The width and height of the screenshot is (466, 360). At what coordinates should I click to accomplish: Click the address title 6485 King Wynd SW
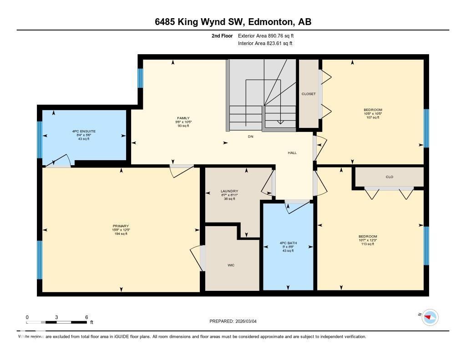[x=233, y=22]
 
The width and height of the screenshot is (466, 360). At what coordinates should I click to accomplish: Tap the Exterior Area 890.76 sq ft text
[x=269, y=35]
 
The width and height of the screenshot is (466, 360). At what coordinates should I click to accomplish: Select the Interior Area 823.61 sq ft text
[x=265, y=44]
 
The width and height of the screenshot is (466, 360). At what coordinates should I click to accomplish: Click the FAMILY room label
[x=183, y=118]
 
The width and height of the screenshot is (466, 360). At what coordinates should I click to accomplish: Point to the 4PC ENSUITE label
[x=84, y=131]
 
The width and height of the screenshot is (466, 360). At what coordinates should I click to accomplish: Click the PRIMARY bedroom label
[x=121, y=226]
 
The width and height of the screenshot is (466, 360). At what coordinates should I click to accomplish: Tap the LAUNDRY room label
[x=229, y=191]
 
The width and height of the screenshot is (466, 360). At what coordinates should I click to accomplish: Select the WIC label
[x=231, y=265]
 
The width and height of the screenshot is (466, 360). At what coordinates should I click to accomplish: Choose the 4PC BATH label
[x=288, y=243]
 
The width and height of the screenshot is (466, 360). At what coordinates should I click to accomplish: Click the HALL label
[x=292, y=152]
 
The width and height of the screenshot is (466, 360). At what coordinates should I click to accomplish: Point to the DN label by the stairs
[x=250, y=136]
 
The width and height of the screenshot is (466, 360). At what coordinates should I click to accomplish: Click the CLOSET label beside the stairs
[x=309, y=94]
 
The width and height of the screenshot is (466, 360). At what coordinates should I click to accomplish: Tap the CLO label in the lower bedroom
[x=389, y=177]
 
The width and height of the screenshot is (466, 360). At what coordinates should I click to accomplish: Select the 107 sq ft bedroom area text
[x=373, y=117]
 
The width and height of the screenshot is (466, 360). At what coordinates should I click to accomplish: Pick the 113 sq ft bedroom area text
[x=368, y=244]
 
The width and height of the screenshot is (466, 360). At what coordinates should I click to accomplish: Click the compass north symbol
[x=430, y=317]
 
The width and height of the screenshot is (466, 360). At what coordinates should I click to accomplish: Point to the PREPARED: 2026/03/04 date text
[x=236, y=321]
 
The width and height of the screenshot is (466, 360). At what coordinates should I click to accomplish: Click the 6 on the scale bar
[x=86, y=317]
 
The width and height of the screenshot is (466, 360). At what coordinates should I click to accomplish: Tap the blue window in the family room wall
[x=140, y=78]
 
